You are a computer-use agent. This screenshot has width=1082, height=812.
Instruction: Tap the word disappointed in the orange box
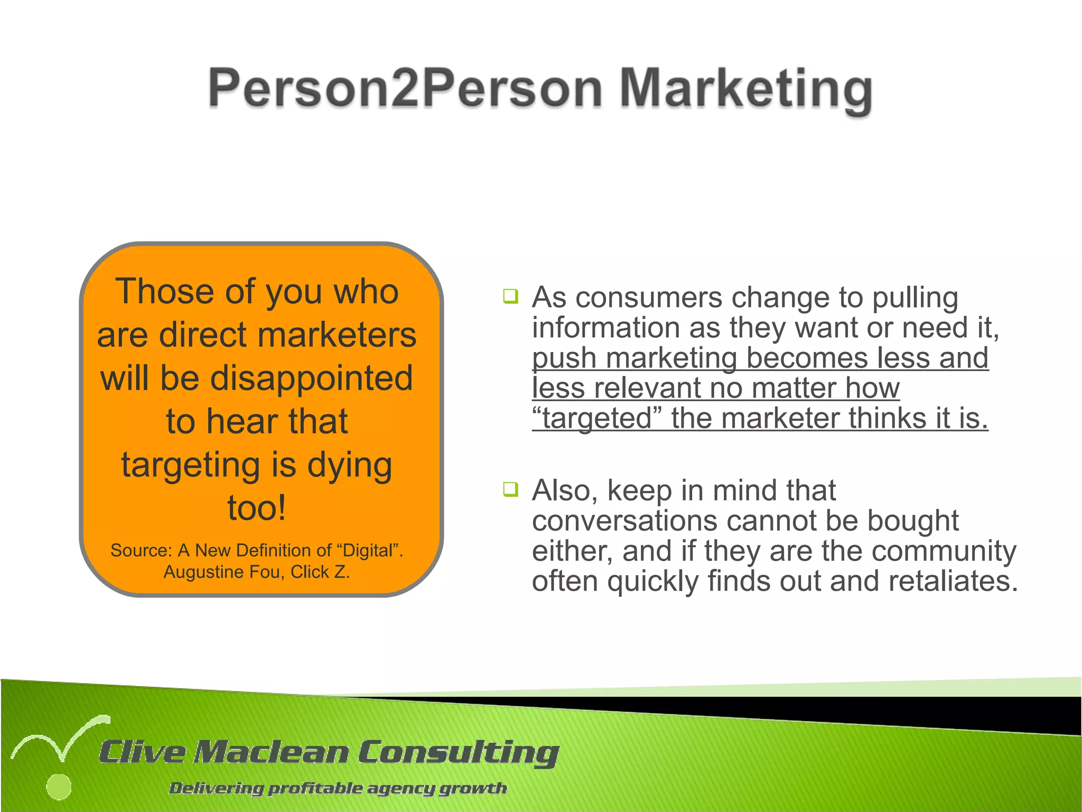pos(312,379)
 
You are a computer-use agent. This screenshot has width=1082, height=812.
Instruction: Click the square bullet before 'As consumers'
pos(510,297)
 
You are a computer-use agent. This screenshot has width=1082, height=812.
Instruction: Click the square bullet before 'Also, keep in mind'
pos(510,490)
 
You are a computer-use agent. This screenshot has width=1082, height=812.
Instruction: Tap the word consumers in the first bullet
pos(649,298)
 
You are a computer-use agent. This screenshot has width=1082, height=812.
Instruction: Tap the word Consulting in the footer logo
pos(458,752)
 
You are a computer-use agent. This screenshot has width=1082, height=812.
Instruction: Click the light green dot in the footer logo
pos(59,787)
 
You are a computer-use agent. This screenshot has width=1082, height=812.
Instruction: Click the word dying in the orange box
pos(349,465)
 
